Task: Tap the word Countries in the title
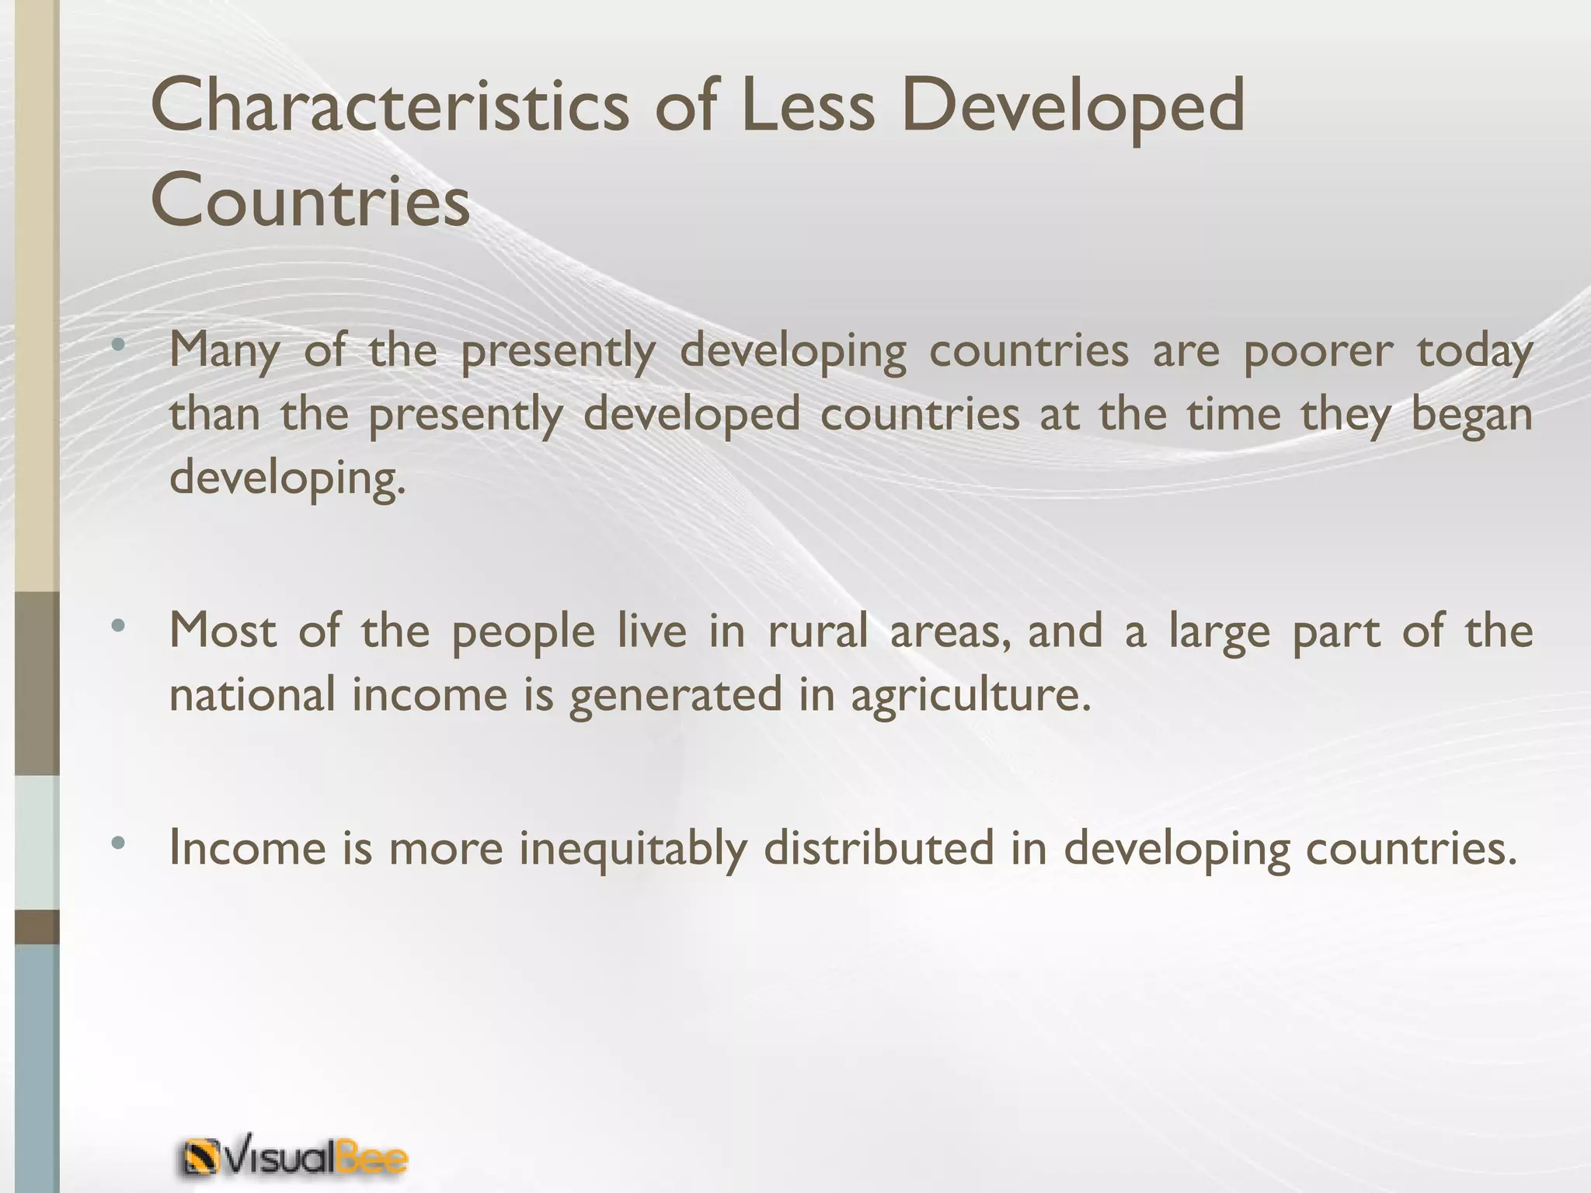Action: (x=311, y=200)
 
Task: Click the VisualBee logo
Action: (x=294, y=1160)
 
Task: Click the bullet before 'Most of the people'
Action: (x=117, y=625)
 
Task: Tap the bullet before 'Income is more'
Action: (x=117, y=843)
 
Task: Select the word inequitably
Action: (x=632, y=847)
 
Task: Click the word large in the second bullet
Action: (x=1219, y=631)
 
